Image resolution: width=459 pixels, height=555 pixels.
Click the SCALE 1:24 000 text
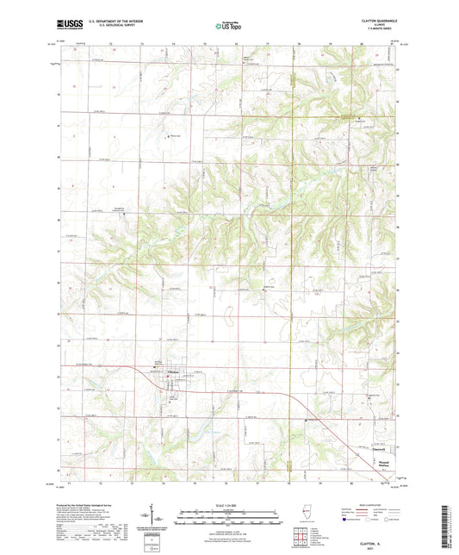click(227, 505)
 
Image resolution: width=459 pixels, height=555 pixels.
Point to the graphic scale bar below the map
click(227, 514)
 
